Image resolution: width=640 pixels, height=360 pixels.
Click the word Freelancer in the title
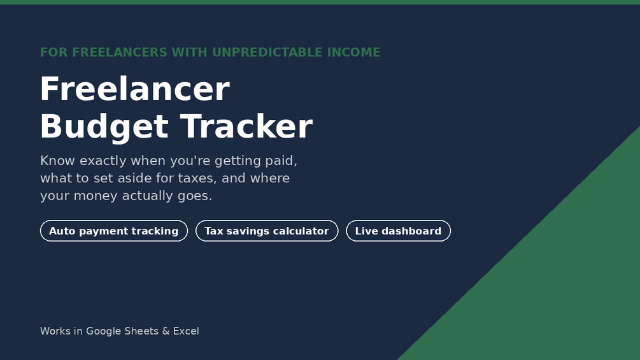click(x=135, y=89)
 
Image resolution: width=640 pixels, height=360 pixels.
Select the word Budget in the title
click(x=104, y=128)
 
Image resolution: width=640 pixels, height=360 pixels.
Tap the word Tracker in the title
click(x=246, y=126)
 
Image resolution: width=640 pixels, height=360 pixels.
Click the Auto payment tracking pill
click(x=114, y=231)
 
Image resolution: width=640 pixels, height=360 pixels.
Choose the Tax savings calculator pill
click(x=267, y=231)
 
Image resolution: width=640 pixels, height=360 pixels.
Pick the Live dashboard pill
click(x=399, y=231)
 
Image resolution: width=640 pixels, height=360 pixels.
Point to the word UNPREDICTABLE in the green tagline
click(x=267, y=52)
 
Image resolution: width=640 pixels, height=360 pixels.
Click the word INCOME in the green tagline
click(x=353, y=52)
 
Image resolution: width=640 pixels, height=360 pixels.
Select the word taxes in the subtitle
click(x=197, y=178)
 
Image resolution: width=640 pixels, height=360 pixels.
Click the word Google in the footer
click(x=104, y=331)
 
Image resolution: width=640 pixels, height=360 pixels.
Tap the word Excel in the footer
click(x=186, y=331)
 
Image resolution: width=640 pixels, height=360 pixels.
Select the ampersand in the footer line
click(x=166, y=331)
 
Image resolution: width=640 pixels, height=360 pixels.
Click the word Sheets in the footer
click(x=141, y=331)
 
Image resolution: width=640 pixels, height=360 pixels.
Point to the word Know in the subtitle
click(x=57, y=161)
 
